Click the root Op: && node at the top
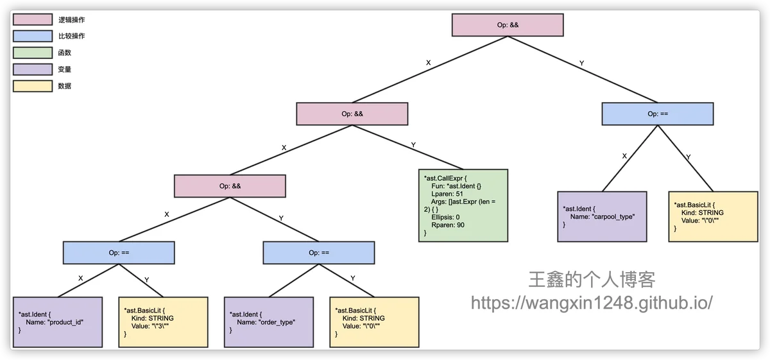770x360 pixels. tap(508, 25)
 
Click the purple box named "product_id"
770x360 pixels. tap(58, 322)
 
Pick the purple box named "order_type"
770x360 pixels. tap(268, 322)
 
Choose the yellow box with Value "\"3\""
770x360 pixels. tap(163, 322)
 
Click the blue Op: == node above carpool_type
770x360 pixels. tap(658, 114)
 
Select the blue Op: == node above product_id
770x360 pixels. tap(119, 252)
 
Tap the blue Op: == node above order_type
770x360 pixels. tap(319, 252)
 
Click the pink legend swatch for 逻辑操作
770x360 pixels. tap(32, 20)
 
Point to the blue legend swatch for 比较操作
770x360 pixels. tap(32, 37)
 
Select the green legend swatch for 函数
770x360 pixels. tap(32, 53)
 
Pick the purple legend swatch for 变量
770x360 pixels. tap(32, 69)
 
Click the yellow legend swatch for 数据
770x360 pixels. tap(32, 86)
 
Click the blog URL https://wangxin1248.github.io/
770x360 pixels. tap(592, 303)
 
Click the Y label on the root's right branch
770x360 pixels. tap(581, 63)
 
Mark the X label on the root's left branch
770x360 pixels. tap(429, 63)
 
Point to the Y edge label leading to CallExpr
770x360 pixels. tap(413, 145)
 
